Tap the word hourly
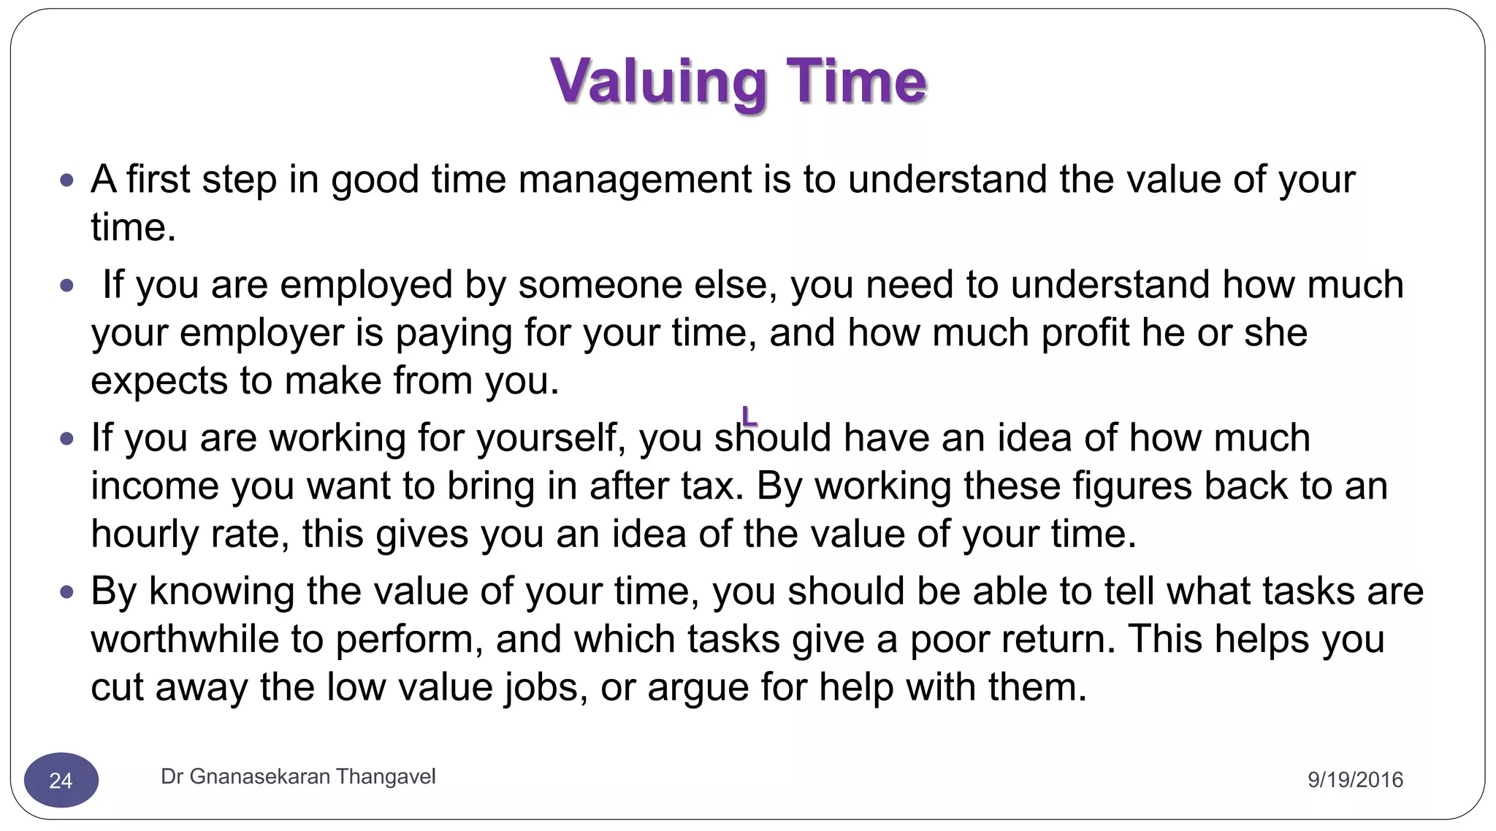tap(144, 535)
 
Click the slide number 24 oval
tap(61, 780)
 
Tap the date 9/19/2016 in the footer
tap(1355, 780)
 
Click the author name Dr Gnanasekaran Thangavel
tap(298, 776)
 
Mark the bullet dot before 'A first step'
tap(67, 180)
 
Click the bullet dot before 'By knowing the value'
tap(67, 591)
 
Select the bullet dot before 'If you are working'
tap(67, 438)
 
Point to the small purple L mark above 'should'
tap(749, 416)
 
